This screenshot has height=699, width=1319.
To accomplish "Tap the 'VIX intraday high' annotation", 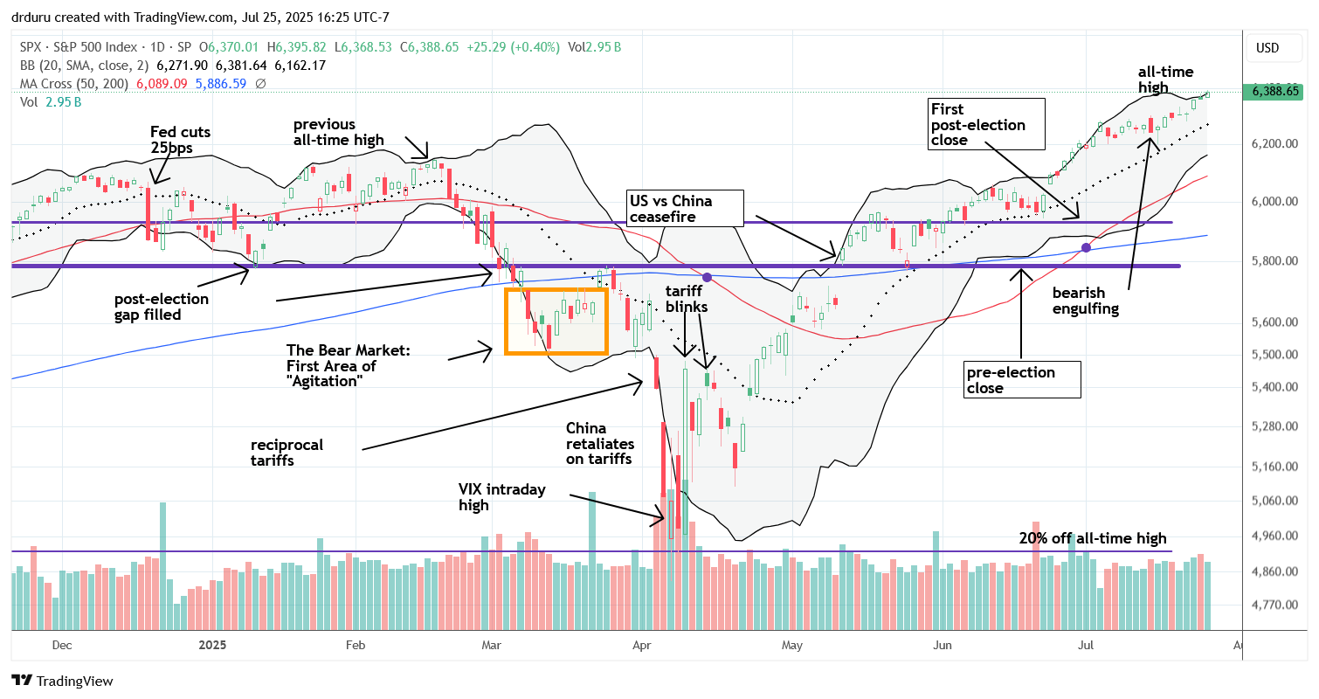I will [x=501, y=497].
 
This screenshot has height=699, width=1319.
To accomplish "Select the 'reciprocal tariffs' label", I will [x=287, y=452].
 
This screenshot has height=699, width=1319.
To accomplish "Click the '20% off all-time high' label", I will [x=1093, y=539].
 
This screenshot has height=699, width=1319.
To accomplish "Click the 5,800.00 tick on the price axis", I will [x=1271, y=261].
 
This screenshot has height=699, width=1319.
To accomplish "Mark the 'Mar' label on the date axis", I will [x=492, y=645].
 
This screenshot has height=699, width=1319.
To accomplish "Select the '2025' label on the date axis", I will [x=212, y=645].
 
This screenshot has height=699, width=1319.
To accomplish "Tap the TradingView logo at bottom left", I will [x=62, y=681].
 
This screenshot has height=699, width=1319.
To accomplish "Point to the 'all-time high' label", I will [x=1166, y=80].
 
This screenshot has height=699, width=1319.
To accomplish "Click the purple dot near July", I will [x=1086, y=248].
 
